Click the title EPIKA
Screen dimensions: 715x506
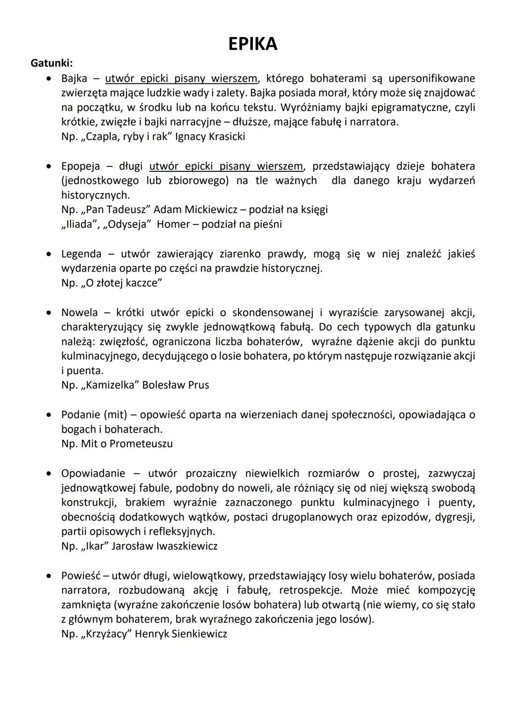[x=253, y=44]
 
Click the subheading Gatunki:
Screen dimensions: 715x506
[x=52, y=62]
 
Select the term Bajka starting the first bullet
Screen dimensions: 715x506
[x=74, y=78]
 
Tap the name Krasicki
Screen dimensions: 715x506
[x=226, y=137]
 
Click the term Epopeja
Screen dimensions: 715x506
[x=81, y=166]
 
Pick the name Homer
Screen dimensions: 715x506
[x=174, y=224]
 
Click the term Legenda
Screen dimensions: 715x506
[x=81, y=254]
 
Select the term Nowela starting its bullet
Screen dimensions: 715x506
[x=80, y=312]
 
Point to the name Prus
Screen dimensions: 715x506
[x=199, y=385]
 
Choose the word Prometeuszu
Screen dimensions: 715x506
[x=141, y=443]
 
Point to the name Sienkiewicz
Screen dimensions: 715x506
[x=200, y=634]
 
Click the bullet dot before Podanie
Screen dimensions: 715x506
[x=48, y=415]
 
